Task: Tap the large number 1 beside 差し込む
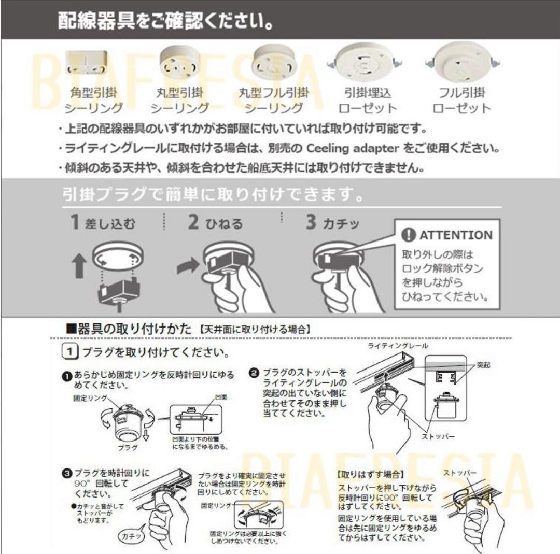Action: tap(76, 222)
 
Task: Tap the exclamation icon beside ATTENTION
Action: tap(409, 235)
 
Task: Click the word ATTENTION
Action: tap(456, 235)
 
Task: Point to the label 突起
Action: tap(483, 365)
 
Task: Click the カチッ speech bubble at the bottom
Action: tap(132, 534)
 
